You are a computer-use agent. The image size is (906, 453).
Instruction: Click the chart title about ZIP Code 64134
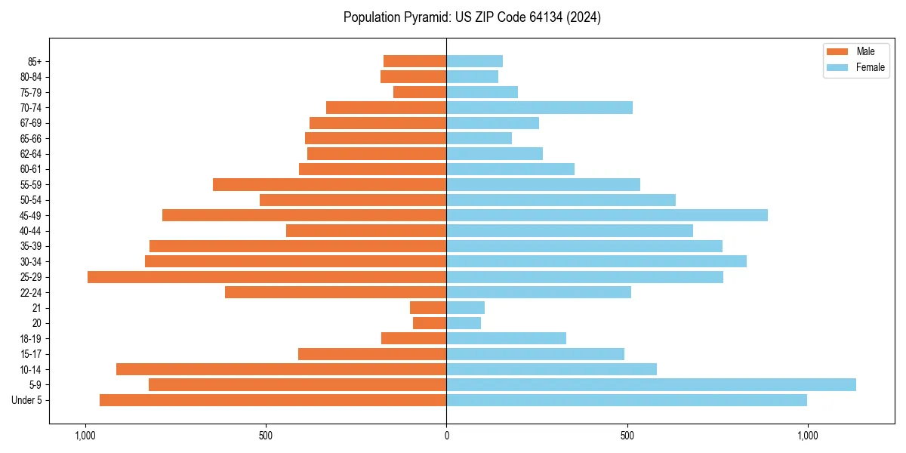tap(472, 17)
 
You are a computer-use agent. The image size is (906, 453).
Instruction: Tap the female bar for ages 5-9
tap(651, 384)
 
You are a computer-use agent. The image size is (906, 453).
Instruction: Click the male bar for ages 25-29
tap(267, 277)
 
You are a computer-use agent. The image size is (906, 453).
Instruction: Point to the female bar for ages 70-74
tap(539, 107)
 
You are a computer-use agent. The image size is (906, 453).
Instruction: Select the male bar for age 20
tap(430, 323)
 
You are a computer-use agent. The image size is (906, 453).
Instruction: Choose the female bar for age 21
tap(465, 307)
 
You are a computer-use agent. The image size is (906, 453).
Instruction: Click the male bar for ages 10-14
tap(281, 369)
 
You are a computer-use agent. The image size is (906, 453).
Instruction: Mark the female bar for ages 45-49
tap(607, 215)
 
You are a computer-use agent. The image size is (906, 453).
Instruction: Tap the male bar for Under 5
tap(273, 400)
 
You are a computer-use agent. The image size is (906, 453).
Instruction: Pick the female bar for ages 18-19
tap(506, 338)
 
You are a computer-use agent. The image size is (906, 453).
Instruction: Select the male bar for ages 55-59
tap(329, 184)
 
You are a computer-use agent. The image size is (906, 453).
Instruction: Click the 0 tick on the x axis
tap(446, 436)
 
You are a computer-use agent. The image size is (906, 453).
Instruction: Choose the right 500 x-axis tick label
tap(627, 436)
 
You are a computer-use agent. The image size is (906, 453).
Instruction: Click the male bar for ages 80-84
tap(413, 76)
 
